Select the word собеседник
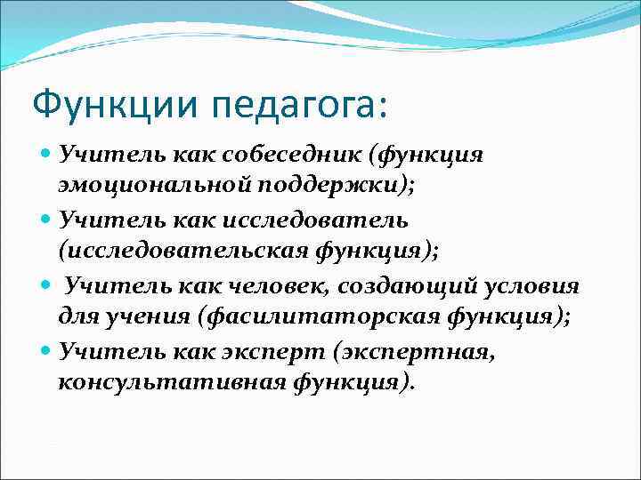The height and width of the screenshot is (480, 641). tap(270, 156)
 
